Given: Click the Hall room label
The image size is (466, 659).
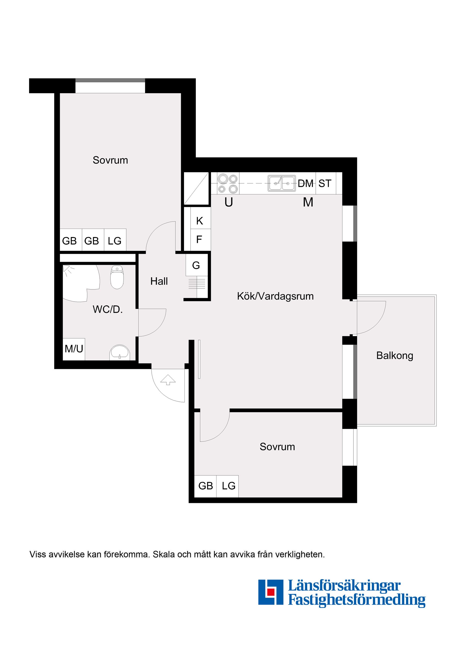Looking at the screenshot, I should coord(159,281).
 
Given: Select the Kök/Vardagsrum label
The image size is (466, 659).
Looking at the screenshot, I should coord(275,296).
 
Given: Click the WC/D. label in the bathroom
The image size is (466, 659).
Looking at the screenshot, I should coord(108,309).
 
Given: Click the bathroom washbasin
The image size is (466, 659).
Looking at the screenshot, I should coord(119,353).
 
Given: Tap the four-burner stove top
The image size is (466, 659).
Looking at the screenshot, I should coord(228,183).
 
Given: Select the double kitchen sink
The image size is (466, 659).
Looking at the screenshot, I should coord(281,183).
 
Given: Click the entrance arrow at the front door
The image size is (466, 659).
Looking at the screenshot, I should coord(168,380).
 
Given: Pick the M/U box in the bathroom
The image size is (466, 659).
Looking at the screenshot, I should coord(74,349).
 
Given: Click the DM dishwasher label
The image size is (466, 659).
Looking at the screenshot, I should coord(306,183).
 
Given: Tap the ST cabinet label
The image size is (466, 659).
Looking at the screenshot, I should coord(325,183).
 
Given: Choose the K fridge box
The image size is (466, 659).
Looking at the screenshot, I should coord(200,221).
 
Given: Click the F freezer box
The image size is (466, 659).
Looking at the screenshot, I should coord(199,239).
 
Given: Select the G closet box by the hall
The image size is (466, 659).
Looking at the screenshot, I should coord(196,265).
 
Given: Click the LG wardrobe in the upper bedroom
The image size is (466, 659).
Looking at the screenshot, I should coord(115,240).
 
